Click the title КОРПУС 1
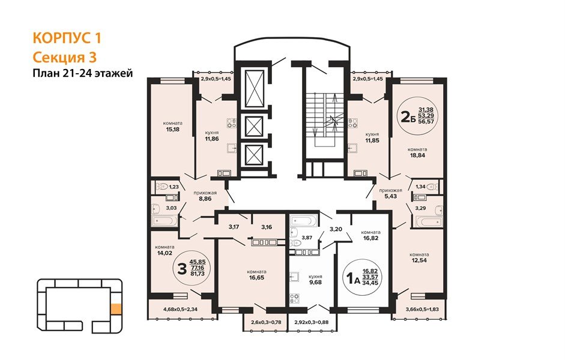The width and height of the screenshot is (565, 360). pyautogui.click(x=67, y=38)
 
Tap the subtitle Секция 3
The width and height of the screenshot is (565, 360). pyautogui.click(x=64, y=58)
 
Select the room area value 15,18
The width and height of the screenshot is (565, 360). pyautogui.click(x=172, y=129)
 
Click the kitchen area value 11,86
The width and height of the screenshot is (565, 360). pyautogui.click(x=212, y=139)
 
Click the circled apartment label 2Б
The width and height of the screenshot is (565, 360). pyautogui.click(x=408, y=116)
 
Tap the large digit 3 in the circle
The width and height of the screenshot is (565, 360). pyautogui.click(x=183, y=269)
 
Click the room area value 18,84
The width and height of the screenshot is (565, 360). pyautogui.click(x=417, y=155)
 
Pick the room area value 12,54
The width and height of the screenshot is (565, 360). pyautogui.click(x=420, y=260)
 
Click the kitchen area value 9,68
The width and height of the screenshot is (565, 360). pyautogui.click(x=315, y=282)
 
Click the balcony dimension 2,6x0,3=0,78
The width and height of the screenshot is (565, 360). pyautogui.click(x=266, y=322)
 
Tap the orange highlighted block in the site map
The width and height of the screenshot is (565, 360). pyautogui.click(x=116, y=309)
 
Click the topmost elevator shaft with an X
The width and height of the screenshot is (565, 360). pyautogui.click(x=255, y=89)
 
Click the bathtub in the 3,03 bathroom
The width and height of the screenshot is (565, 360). pyautogui.click(x=165, y=220)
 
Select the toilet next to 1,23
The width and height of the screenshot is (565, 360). pyautogui.click(x=162, y=187)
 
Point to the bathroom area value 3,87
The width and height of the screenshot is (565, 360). pyautogui.click(x=307, y=238)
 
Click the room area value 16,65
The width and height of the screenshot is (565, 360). pyautogui.click(x=256, y=278)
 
